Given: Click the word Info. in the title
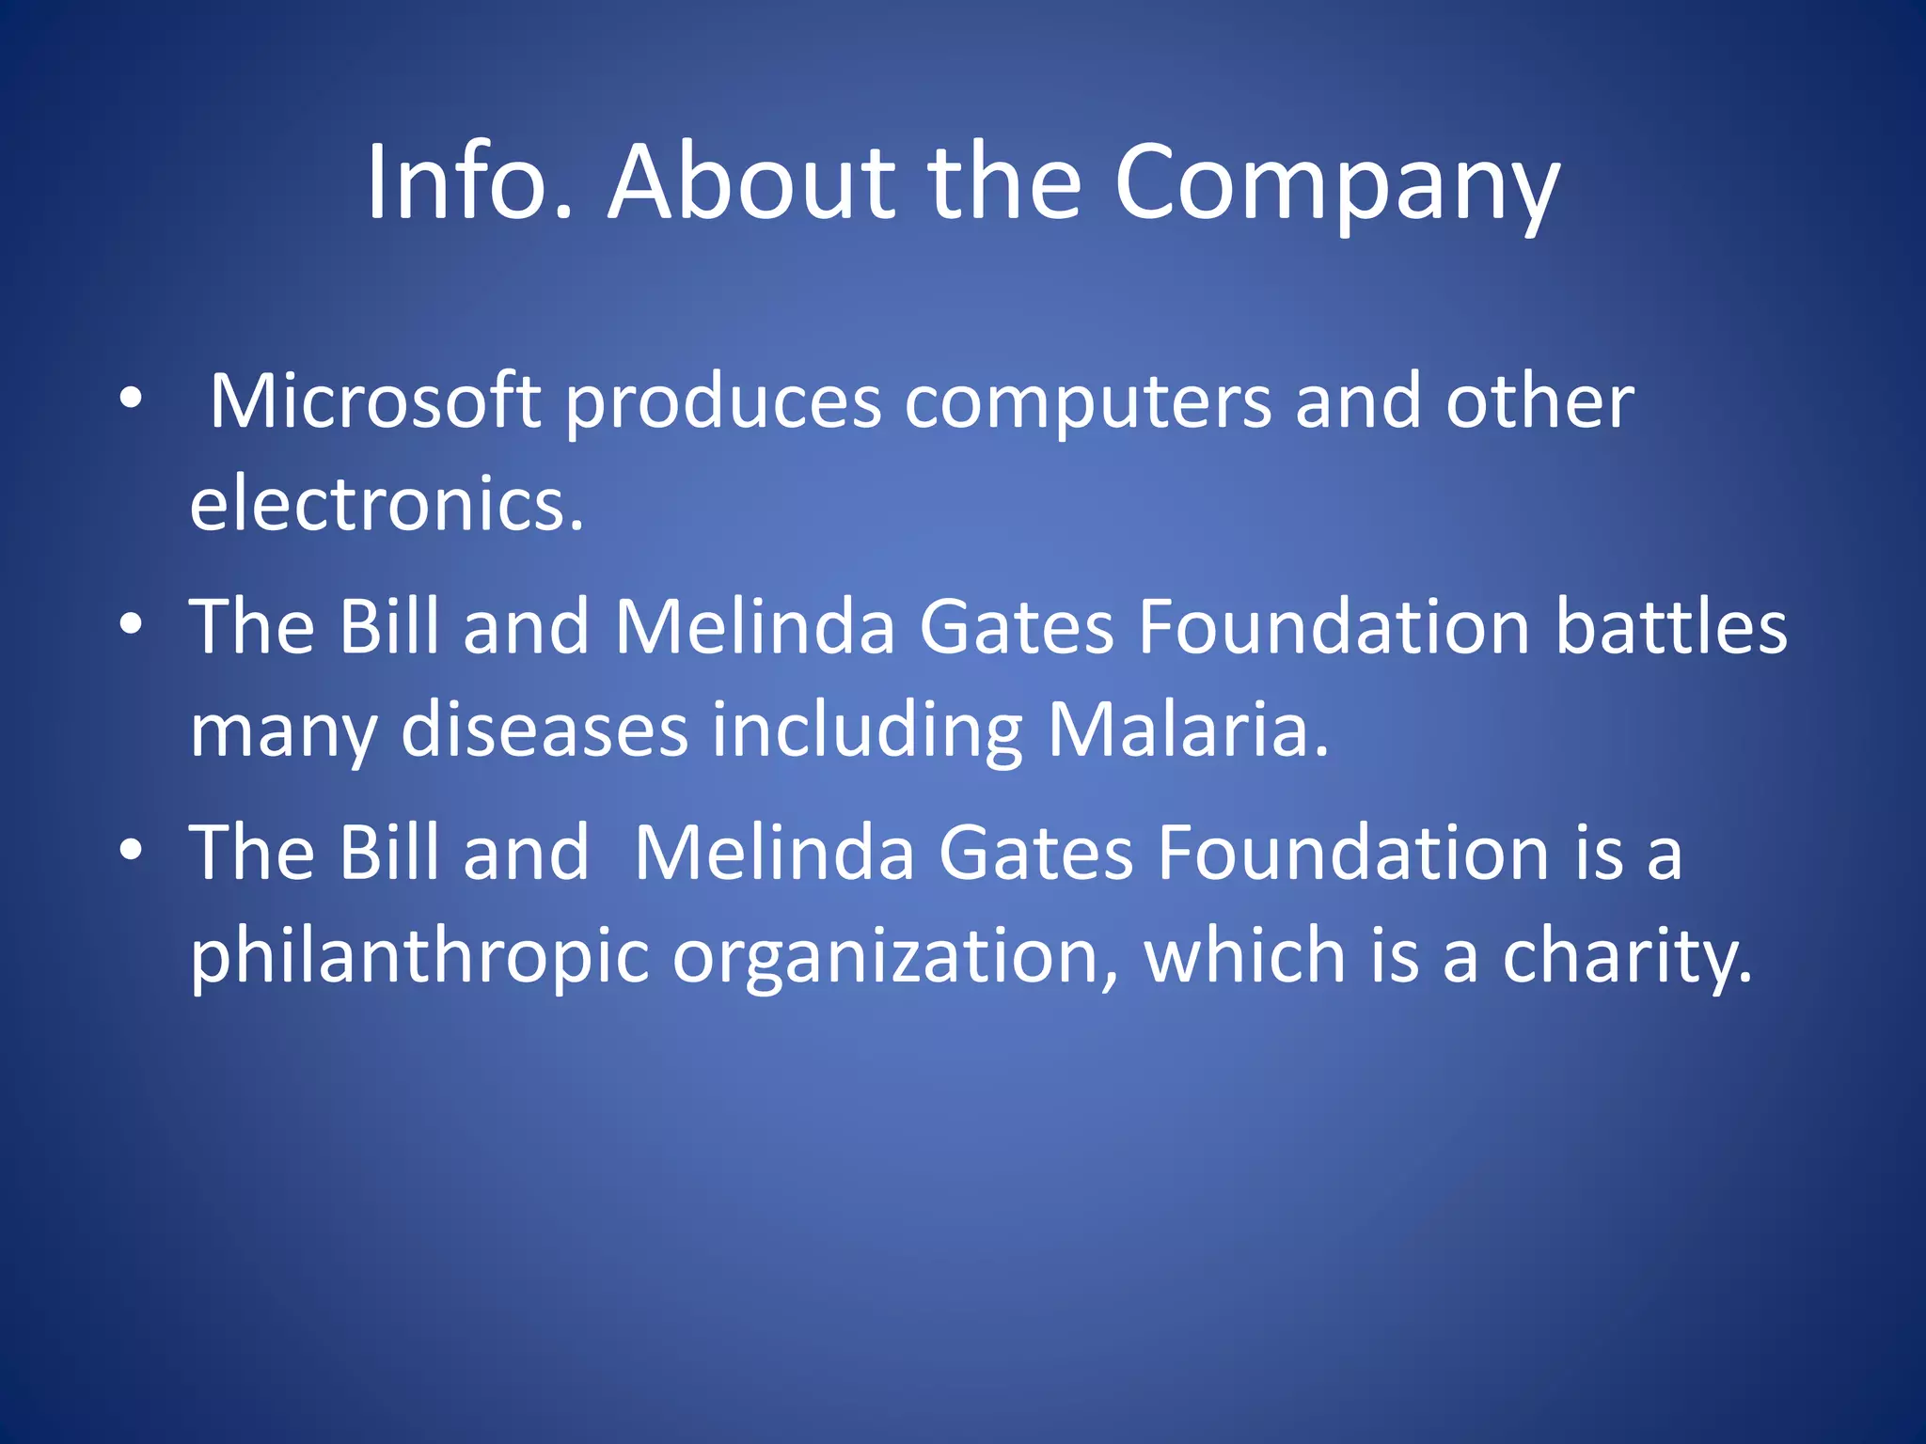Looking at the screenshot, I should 468,182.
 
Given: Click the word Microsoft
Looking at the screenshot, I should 374,402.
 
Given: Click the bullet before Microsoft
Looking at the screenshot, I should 131,400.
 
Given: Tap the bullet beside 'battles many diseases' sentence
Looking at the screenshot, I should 131,624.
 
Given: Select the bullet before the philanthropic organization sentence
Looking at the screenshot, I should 131,850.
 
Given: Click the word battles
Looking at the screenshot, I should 1671,627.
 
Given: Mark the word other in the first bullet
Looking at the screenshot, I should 1539,402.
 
